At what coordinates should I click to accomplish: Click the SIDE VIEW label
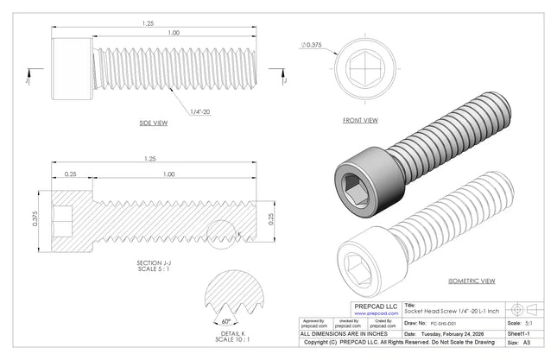click(x=153, y=123)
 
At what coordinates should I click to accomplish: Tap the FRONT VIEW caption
click(x=360, y=120)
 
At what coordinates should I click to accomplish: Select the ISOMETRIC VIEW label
click(x=472, y=281)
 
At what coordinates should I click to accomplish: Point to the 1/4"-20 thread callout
click(x=199, y=111)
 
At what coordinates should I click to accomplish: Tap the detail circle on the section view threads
click(x=225, y=234)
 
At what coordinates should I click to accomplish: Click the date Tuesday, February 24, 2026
click(x=459, y=332)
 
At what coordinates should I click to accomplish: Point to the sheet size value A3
click(x=526, y=342)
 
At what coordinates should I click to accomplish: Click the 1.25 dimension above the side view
click(x=149, y=24)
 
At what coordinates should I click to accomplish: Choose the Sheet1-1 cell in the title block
click(x=519, y=332)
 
